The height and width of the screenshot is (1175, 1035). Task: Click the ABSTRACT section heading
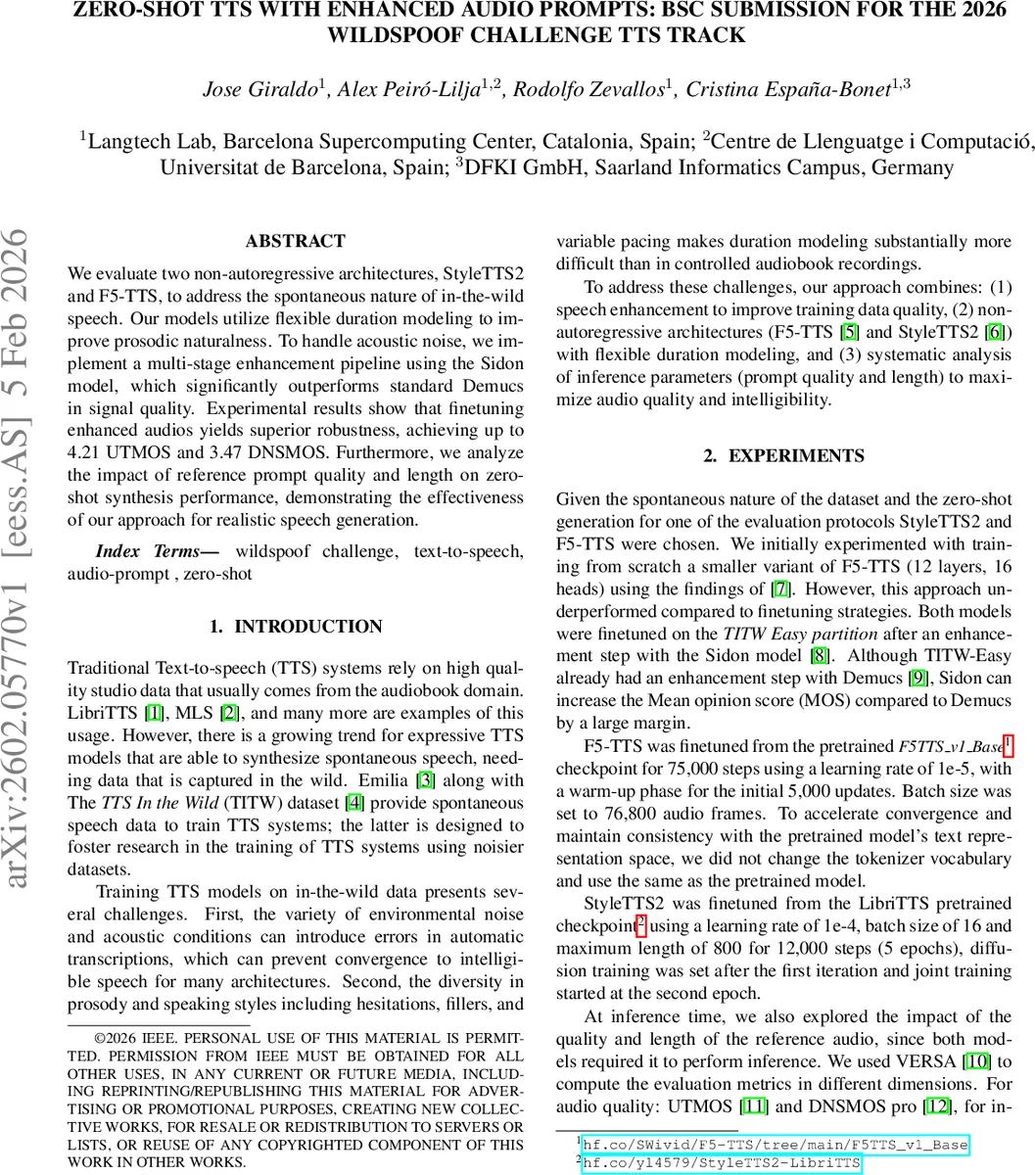pos(295,241)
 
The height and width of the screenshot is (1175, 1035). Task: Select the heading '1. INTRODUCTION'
pos(295,627)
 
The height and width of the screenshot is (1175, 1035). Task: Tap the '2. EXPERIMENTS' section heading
pos(783,456)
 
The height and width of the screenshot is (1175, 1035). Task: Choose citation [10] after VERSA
pos(976,1061)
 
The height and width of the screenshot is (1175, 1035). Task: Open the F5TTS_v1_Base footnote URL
pos(774,1144)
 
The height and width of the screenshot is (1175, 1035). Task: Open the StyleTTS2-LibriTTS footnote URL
pos(721,1162)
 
